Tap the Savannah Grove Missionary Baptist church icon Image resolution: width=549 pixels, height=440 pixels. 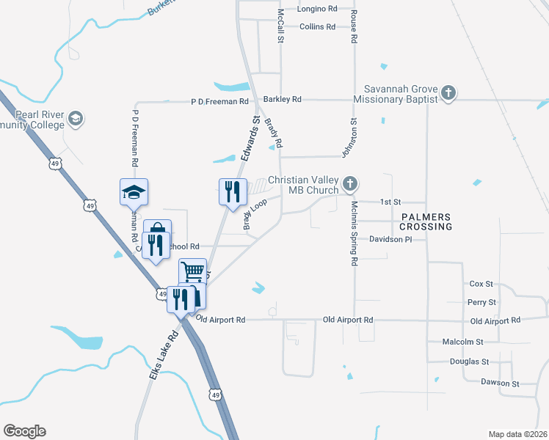pos(448,93)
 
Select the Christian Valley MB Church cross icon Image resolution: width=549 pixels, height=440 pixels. pos(350,183)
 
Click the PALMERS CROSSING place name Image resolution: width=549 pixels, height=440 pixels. pos(426,222)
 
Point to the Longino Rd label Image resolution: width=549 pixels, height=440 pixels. pos(317,10)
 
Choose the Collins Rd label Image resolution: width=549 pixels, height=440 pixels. pos(317,26)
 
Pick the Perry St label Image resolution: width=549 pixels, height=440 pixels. pos(481,302)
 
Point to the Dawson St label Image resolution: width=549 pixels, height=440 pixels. pos(500,383)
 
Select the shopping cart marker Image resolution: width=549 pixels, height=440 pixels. pos(192,271)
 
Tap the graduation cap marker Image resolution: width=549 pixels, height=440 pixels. pos(134,192)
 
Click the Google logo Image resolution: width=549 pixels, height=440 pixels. pos(24,431)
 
